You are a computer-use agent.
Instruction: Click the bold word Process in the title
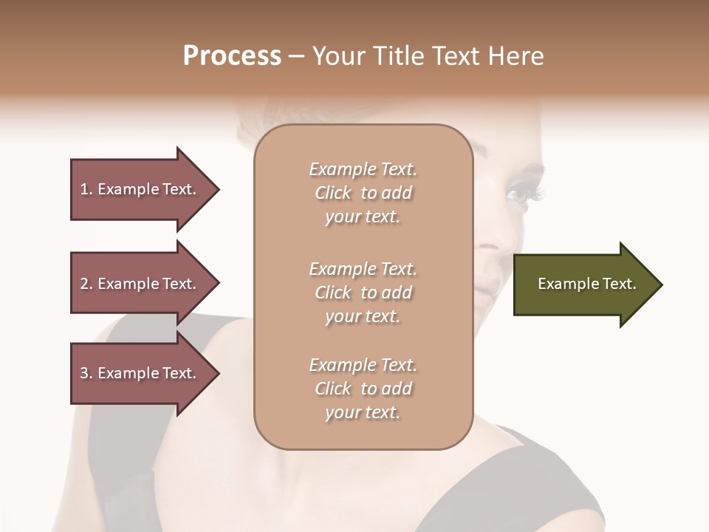(232, 56)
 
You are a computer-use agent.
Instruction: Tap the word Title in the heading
(400, 56)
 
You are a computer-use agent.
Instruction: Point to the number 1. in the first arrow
(86, 189)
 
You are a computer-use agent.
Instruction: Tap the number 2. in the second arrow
(86, 284)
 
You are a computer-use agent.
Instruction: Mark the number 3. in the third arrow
(86, 373)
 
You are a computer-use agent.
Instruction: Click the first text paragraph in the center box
(363, 193)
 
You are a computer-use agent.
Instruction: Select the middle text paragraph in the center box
(363, 293)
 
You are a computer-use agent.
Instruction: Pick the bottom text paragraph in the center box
(363, 389)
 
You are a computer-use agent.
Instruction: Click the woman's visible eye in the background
(519, 195)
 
